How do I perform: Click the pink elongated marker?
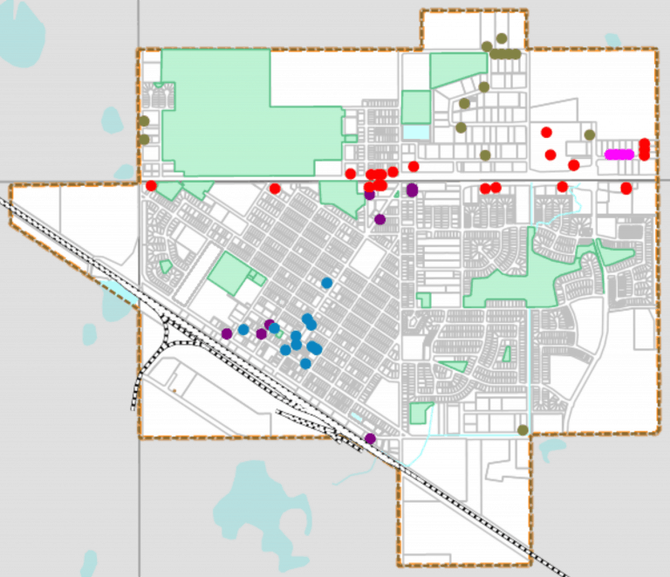point(619,155)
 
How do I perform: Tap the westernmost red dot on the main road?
point(151,186)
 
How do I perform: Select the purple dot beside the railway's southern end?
point(370,438)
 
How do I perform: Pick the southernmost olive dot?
point(523,429)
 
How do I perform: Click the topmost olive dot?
point(501,38)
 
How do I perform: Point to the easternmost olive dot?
point(590,134)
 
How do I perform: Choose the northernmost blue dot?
point(327,283)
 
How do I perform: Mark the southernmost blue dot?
point(305,363)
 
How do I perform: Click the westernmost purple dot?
point(227,333)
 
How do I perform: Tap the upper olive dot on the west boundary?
point(144,121)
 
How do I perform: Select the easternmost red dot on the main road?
point(626,188)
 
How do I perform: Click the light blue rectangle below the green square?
point(416,132)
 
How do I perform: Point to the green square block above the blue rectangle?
point(416,106)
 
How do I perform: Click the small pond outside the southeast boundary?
point(550,450)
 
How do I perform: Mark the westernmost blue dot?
point(244,329)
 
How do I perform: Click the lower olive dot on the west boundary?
point(144,140)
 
